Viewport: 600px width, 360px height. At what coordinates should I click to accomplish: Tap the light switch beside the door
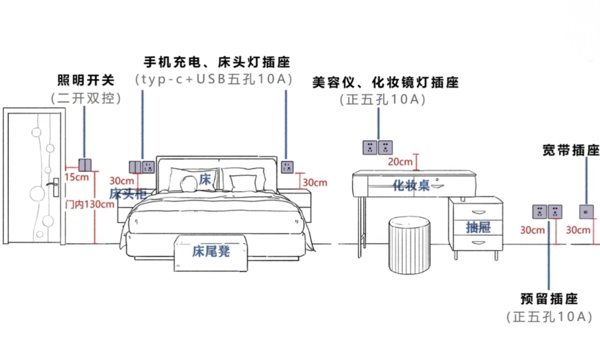click(x=85, y=165)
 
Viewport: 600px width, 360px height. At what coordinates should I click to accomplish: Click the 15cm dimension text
click(x=76, y=178)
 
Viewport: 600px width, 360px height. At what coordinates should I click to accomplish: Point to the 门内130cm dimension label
click(x=89, y=205)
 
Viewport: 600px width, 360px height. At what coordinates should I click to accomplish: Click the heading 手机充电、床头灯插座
click(x=217, y=62)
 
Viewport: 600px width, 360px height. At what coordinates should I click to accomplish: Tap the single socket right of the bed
click(x=287, y=167)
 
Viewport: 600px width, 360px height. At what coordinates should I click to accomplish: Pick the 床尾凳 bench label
click(x=211, y=251)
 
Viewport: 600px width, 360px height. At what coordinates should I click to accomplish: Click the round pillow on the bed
click(x=189, y=183)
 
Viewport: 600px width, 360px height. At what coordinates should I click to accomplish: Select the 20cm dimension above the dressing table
click(x=400, y=162)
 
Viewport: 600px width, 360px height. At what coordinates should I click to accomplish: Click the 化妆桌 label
click(x=411, y=185)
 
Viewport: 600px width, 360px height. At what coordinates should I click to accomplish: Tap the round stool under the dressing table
click(x=410, y=245)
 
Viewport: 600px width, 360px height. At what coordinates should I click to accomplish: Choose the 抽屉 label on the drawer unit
click(x=478, y=228)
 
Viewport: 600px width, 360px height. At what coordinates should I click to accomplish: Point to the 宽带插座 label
click(x=570, y=150)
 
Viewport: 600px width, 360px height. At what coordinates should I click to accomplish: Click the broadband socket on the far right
click(x=586, y=211)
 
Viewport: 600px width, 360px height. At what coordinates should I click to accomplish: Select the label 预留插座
click(x=549, y=299)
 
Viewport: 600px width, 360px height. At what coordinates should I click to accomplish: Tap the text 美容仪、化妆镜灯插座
click(x=385, y=82)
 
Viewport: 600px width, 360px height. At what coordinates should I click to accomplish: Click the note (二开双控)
click(x=86, y=98)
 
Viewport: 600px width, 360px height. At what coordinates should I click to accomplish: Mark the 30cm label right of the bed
click(x=315, y=182)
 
